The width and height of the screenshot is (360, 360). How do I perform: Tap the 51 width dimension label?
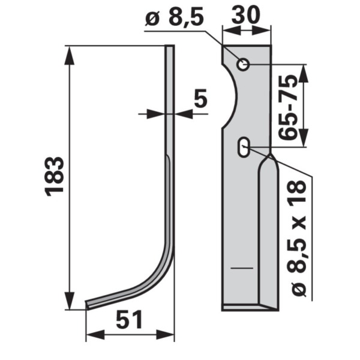coord(129,319)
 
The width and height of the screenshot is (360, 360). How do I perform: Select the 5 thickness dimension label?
coord(200,98)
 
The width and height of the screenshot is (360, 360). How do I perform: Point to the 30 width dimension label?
coord(246,14)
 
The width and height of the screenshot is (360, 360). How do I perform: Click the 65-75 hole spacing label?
coord(287,107)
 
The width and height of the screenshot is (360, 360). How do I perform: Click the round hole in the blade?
coord(243,65)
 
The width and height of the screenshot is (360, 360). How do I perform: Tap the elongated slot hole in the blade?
coord(244,147)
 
